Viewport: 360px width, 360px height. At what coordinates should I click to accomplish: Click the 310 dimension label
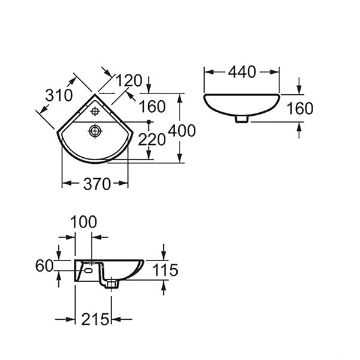pos(59,95)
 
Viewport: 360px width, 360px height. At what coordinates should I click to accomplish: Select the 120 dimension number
pos(128,80)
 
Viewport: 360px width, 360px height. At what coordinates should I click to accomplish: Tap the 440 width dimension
pos(242,72)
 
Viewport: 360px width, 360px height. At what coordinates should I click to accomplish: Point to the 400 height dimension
pos(182,131)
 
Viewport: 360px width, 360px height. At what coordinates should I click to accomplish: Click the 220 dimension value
pos(152,140)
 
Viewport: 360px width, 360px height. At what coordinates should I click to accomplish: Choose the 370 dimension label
pos(97,184)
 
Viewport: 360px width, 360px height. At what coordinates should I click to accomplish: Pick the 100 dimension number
pos(83,222)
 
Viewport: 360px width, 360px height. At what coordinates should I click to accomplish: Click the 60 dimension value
pos(44,266)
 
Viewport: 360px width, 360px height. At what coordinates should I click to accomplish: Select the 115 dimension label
pos(166,270)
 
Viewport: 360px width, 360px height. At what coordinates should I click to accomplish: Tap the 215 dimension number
pos(95,319)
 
